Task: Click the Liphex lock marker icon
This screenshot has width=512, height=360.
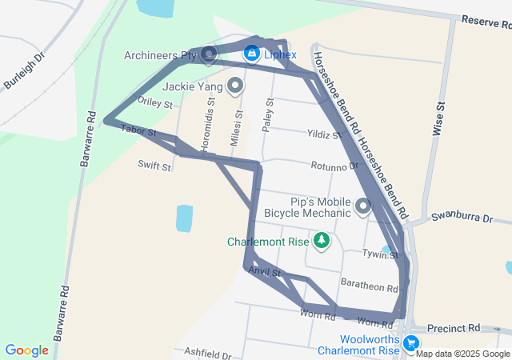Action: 251,52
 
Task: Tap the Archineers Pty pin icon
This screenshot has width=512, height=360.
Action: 209,54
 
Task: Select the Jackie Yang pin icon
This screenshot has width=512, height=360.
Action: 235,84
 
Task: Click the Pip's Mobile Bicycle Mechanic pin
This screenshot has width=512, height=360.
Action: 363,206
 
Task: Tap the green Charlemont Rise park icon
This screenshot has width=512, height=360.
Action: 321,240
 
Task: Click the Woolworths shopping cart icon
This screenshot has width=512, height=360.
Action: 411,343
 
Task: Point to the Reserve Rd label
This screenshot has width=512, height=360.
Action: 486,23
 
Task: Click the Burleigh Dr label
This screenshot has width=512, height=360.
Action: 26,71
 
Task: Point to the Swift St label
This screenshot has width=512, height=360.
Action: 154,166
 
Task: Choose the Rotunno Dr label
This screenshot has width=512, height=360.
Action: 334,166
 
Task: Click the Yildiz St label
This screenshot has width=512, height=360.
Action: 324,134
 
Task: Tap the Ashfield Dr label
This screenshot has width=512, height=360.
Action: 207,353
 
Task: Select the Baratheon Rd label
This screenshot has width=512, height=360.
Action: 369,287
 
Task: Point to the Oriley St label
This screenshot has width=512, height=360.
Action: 155,102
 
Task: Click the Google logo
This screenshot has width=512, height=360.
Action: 27,350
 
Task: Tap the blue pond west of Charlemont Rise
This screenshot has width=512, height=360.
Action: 184,218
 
